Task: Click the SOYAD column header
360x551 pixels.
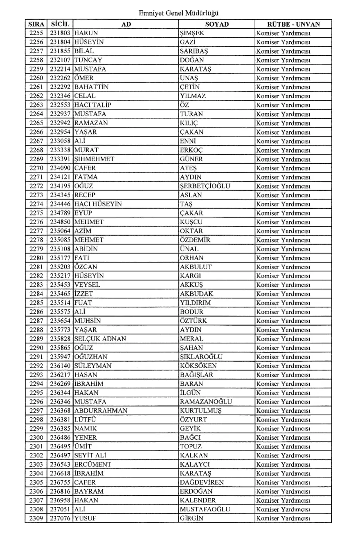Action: pyautogui.click(x=217, y=25)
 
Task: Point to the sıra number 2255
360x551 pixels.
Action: pyautogui.click(x=36, y=34)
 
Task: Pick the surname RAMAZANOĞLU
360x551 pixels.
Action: pyautogui.click(x=206, y=402)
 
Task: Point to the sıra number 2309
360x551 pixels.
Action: pyautogui.click(x=36, y=519)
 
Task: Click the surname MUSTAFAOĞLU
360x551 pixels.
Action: pyautogui.click(x=205, y=510)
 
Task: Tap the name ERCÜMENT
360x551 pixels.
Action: pyautogui.click(x=93, y=465)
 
